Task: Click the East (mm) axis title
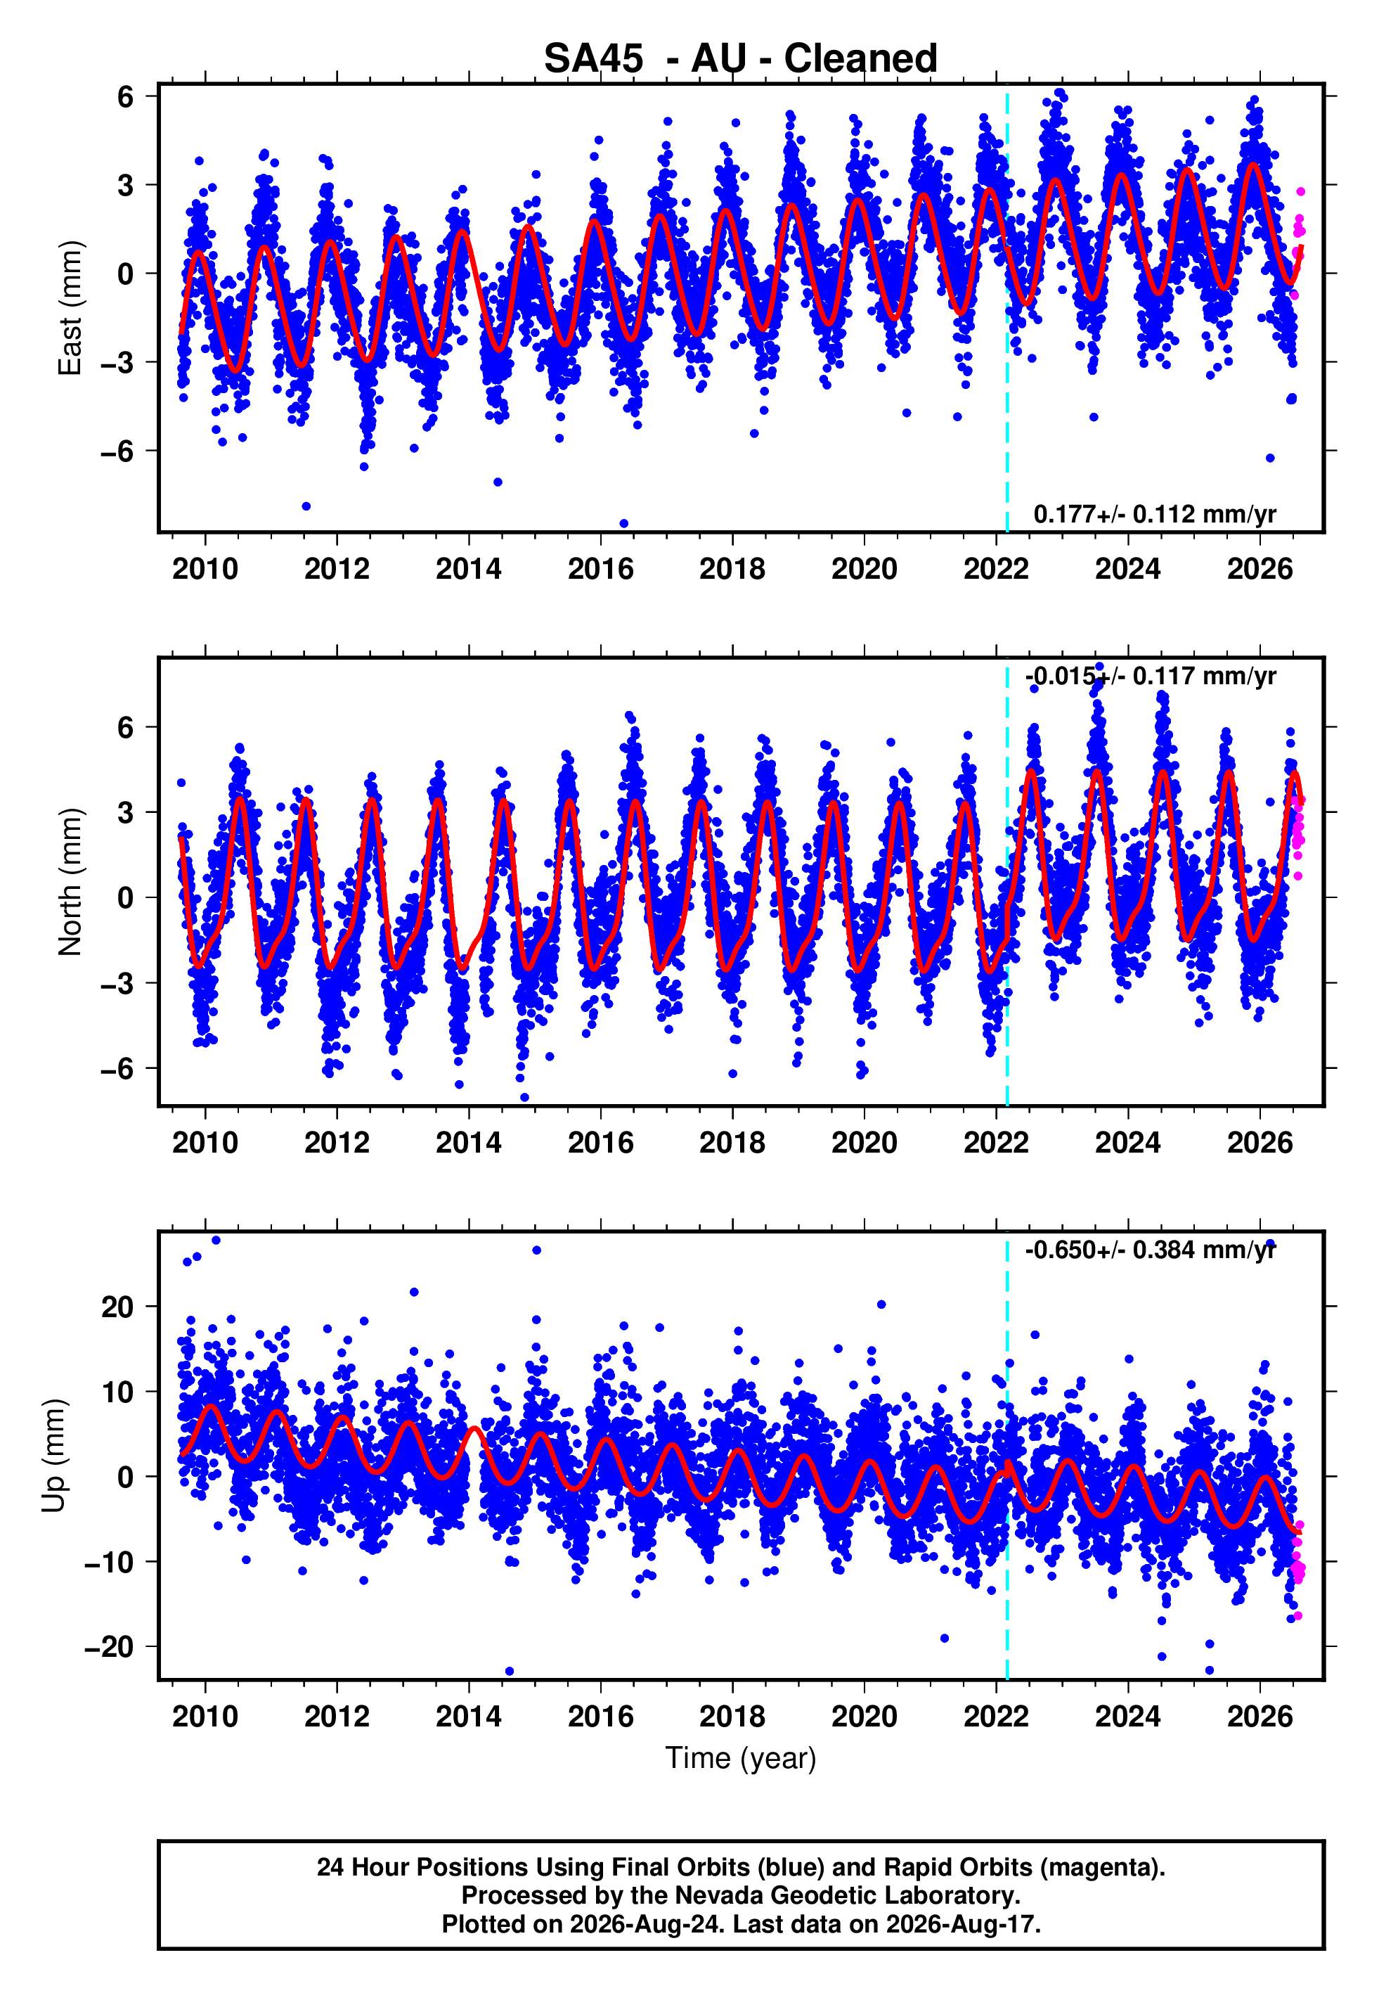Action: [x=70, y=308]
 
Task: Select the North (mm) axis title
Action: [x=70, y=882]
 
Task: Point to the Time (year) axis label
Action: [x=741, y=1759]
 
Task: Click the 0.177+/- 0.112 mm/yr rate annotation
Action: [x=1154, y=514]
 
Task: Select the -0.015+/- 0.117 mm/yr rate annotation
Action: [x=1150, y=676]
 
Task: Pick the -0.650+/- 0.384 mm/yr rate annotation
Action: [x=1150, y=1250]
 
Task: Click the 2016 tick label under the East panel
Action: [x=600, y=569]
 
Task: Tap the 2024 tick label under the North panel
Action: [x=1127, y=1143]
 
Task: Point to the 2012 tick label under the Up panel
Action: [x=337, y=1717]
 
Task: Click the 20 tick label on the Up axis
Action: [x=117, y=1307]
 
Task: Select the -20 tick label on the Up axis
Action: [x=109, y=1647]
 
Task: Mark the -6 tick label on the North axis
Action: [x=117, y=1069]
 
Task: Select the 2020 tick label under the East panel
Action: [x=864, y=569]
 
